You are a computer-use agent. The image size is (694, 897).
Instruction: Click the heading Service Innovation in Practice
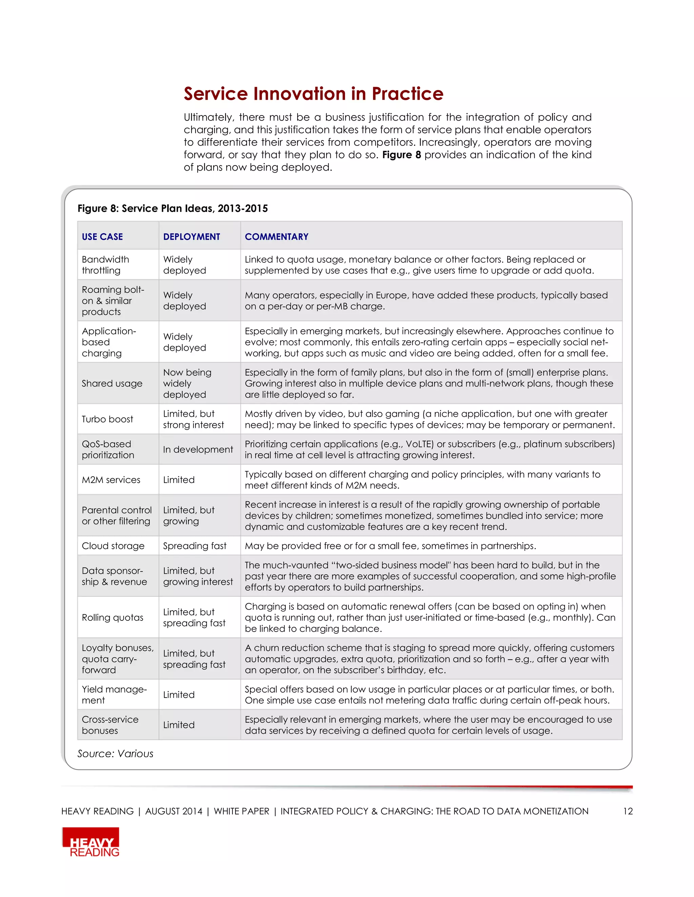(313, 94)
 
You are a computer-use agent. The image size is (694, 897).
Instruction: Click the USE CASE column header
(102, 237)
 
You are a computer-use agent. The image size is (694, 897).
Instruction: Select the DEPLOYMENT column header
(191, 237)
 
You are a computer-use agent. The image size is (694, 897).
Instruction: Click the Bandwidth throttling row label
(105, 265)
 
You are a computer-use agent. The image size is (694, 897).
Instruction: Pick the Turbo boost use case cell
(107, 419)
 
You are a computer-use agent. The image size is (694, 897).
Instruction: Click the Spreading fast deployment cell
(195, 546)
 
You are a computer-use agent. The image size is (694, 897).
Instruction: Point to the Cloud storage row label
(113, 546)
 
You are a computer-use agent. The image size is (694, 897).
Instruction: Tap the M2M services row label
(111, 480)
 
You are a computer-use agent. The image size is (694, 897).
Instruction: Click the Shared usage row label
(112, 383)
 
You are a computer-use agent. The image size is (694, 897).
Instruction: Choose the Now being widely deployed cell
(187, 383)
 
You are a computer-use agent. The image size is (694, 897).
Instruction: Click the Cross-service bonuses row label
(110, 725)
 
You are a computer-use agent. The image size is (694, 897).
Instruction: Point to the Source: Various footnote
(115, 754)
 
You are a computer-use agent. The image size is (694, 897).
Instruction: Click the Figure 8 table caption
(173, 208)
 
